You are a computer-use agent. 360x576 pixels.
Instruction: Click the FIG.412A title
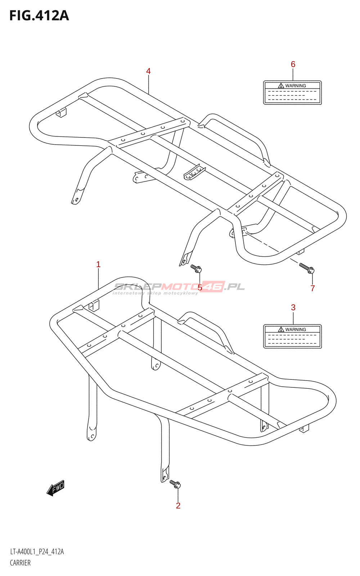tap(39, 16)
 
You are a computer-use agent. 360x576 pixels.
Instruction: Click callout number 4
tap(148, 71)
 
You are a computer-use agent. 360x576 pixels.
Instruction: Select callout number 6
tap(293, 64)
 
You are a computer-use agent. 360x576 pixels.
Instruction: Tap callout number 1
tap(98, 265)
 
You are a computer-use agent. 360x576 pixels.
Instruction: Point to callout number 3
tap(293, 307)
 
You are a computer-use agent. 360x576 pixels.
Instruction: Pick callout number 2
tap(178, 506)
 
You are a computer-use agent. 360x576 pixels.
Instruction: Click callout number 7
tap(313, 288)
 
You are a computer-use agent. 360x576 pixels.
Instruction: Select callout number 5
tap(200, 288)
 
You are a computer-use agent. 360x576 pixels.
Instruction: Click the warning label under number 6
tap(292, 93)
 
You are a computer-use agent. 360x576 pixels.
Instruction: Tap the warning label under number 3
tap(292, 337)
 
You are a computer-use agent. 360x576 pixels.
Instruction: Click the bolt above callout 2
tap(175, 484)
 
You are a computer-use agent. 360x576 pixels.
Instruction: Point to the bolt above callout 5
tap(196, 268)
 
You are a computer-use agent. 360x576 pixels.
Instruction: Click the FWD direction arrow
tap(56, 489)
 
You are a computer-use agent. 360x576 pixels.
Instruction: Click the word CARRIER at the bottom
tap(20, 563)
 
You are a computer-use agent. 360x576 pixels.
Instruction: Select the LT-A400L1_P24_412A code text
tap(37, 552)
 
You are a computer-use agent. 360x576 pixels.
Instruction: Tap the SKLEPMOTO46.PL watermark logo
tap(179, 287)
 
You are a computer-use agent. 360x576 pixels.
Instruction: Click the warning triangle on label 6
tap(281, 86)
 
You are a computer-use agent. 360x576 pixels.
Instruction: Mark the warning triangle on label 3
tap(281, 329)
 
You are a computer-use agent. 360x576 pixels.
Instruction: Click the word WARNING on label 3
tap(296, 329)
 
